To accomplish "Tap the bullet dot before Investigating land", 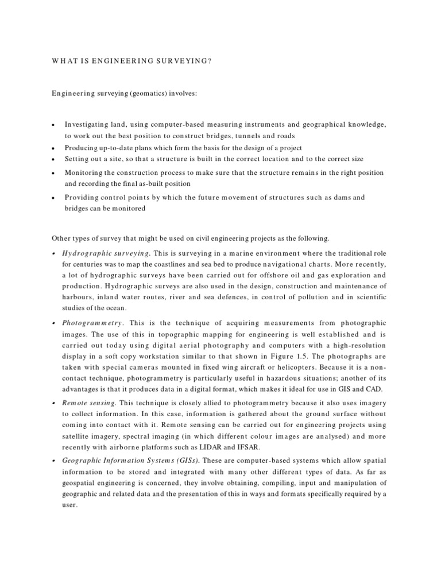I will click(x=53, y=124).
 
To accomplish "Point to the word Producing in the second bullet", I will click(x=83, y=147).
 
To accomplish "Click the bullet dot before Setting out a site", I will click(x=53, y=159).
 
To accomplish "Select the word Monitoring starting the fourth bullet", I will click(x=85, y=173).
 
